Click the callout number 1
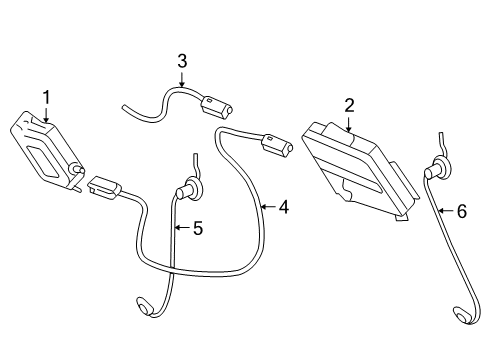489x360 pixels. point(45,97)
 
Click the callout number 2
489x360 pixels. point(349,104)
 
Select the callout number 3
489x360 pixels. point(182,61)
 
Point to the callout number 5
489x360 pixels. point(197,229)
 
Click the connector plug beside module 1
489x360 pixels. point(103,186)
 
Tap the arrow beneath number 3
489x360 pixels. point(182,79)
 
